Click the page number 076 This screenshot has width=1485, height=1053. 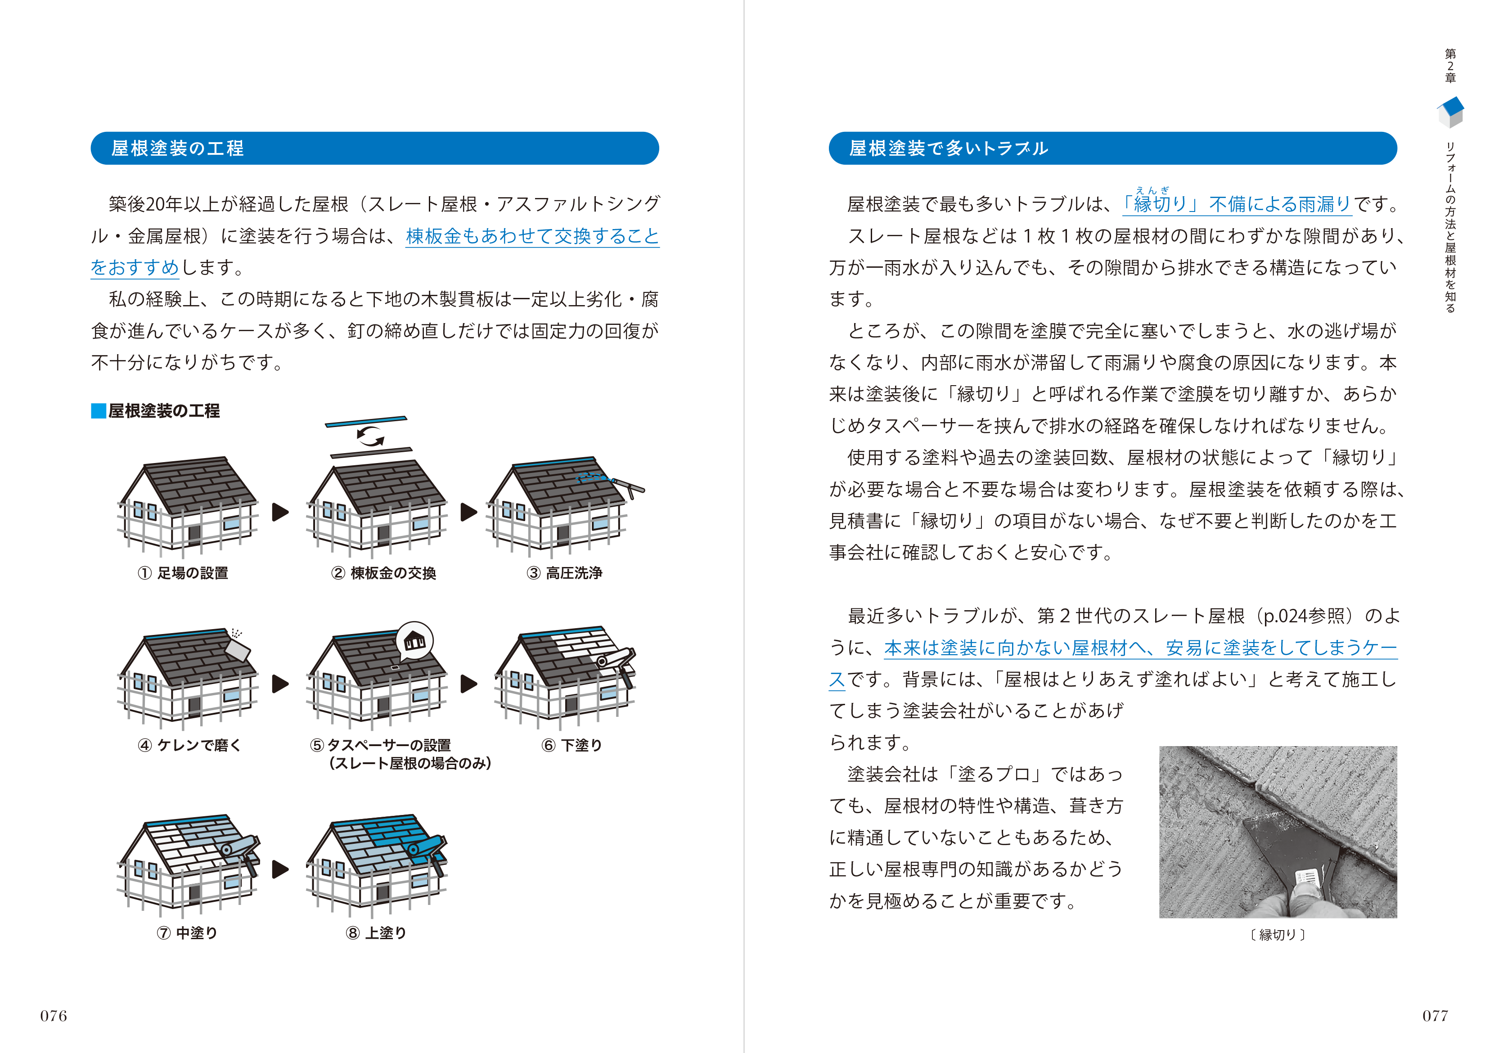pyautogui.click(x=54, y=1015)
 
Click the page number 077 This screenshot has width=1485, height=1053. pyautogui.click(x=1435, y=1015)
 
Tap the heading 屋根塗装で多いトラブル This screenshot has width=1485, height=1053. pyautogui.click(x=948, y=148)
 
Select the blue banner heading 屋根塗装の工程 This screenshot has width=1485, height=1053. pyautogui.click(x=178, y=148)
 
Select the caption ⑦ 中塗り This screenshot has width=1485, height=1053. pyautogui.click(x=187, y=932)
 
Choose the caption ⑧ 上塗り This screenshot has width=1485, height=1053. pyautogui.click(x=376, y=932)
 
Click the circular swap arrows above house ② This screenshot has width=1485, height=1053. pyautogui.click(x=370, y=436)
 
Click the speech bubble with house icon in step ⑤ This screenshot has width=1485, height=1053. pyautogui.click(x=414, y=641)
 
